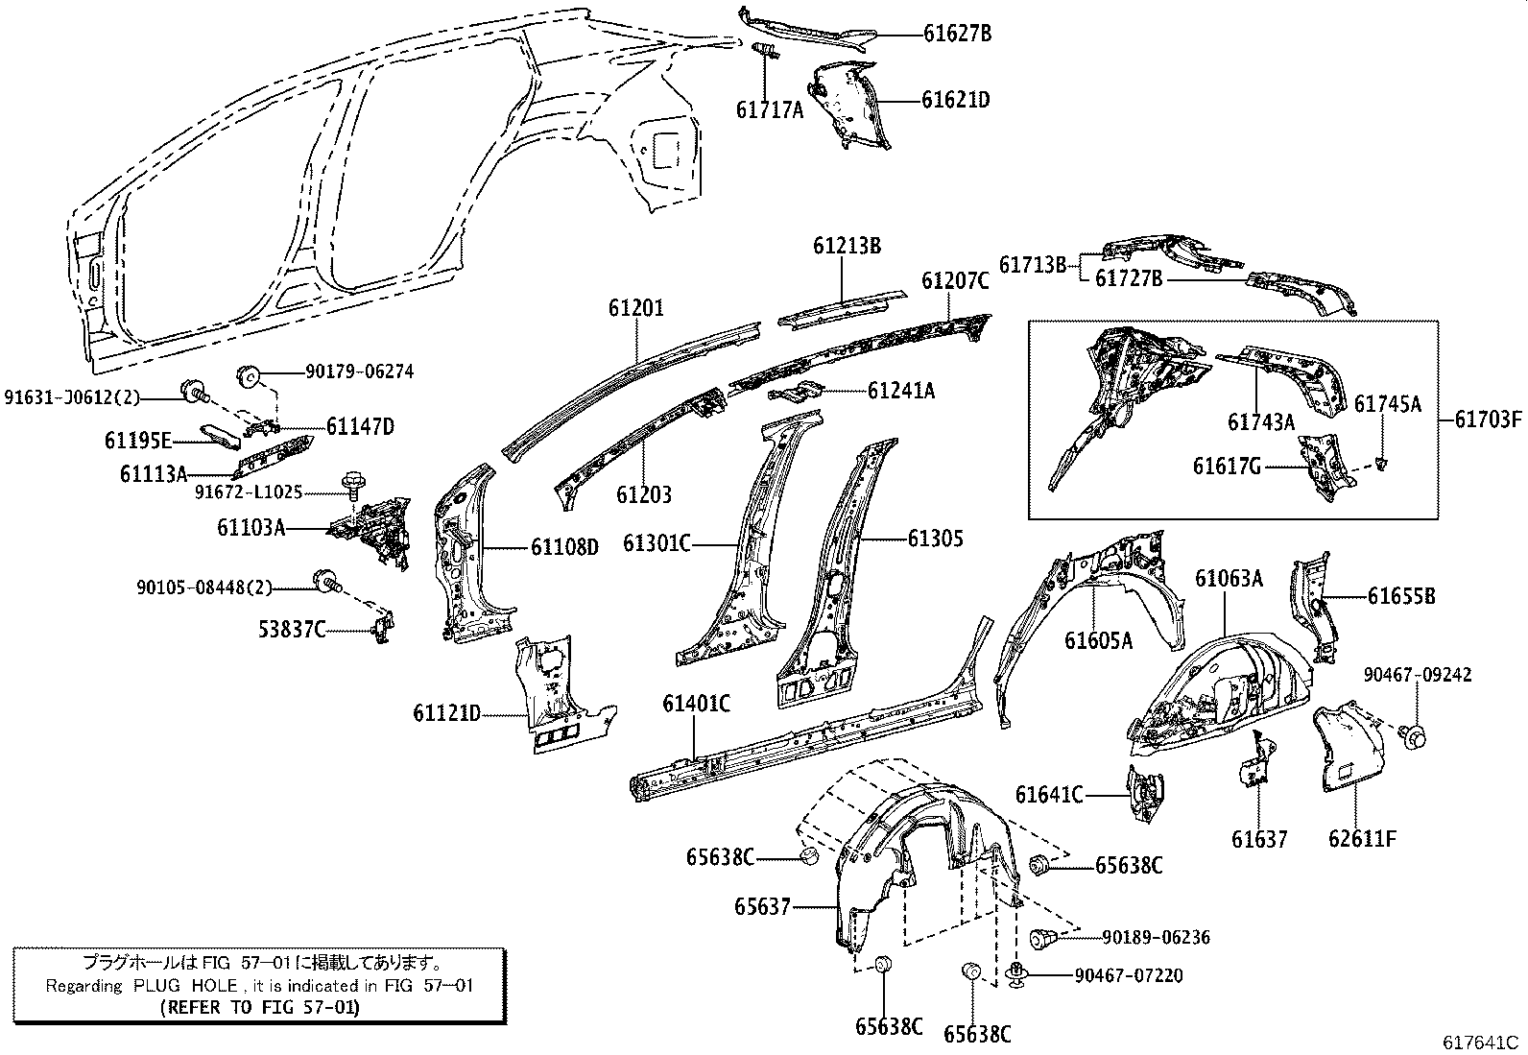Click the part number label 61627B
pos(956,34)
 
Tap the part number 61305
pos(935,539)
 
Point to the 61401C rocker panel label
pos(696,704)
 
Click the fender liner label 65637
pos(763,905)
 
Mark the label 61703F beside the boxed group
pos(1488,420)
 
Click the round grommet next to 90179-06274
pos(248,373)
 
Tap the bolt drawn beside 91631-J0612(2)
pos(196,391)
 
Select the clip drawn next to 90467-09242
pos(1415,735)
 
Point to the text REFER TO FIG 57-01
pos(258,1007)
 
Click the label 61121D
pos(446,713)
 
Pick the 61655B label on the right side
pos(1401,596)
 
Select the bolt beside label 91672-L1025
pos(351,484)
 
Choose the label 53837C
pos(291,629)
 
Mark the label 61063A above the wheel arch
pos(1229,578)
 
